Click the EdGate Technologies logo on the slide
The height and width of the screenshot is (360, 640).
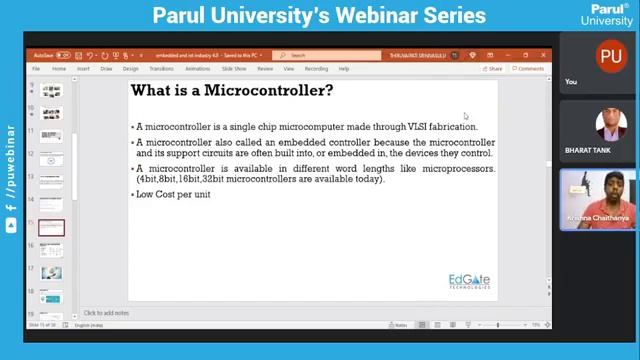469,280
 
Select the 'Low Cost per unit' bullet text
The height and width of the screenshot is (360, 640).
173,194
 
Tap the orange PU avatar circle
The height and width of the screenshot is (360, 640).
610,58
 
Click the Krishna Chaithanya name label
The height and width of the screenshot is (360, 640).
598,217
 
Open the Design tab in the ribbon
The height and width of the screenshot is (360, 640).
131,69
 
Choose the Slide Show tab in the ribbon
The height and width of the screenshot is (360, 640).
234,69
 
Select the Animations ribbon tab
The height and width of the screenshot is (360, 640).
198,69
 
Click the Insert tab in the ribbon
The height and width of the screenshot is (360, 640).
83,69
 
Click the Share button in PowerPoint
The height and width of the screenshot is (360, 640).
493,69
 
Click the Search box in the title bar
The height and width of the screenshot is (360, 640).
330,55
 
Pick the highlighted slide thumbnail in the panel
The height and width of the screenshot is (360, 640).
51,228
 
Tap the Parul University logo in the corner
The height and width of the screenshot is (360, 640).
607,14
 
